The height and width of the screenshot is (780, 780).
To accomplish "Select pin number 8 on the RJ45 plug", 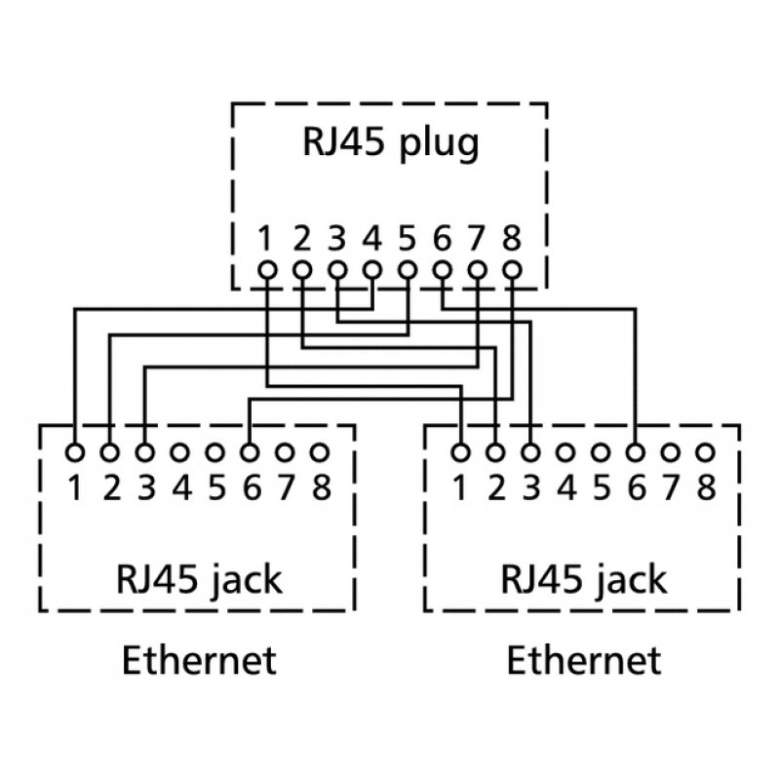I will click(512, 237).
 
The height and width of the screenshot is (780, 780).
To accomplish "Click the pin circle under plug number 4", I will click(372, 269).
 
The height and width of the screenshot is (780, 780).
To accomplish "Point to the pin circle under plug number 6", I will click(443, 269).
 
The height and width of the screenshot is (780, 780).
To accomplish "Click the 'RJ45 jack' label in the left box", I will click(198, 579).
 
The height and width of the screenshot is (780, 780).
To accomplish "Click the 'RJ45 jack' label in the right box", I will click(584, 579).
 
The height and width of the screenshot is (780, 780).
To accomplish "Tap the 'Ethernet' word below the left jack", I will click(198, 660).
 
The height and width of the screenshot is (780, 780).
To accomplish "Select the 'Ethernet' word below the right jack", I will click(584, 660).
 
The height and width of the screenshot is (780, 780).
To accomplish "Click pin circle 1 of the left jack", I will click(74, 452).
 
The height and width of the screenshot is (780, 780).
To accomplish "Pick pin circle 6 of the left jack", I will click(250, 452).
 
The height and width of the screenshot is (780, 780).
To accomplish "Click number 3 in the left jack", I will click(145, 486).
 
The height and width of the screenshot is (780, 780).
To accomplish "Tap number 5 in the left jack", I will click(216, 486).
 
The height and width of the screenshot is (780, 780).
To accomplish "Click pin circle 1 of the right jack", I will click(460, 452).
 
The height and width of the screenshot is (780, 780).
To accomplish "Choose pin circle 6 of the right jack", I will click(636, 452).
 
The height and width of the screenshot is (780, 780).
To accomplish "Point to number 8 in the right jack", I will click(706, 486).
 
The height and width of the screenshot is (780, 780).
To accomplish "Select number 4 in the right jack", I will click(566, 486).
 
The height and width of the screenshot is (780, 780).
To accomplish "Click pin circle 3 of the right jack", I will click(530, 452).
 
